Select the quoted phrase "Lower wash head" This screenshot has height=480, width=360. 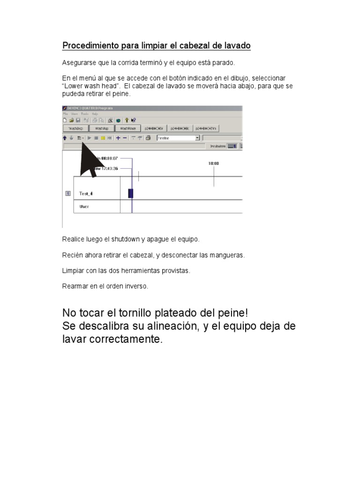click(90, 86)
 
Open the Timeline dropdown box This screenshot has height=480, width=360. click(197, 138)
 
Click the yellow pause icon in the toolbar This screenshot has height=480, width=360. click(103, 138)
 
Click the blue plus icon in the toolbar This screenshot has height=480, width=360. click(118, 138)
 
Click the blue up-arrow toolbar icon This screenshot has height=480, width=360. click(65, 138)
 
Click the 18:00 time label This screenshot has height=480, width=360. click(214, 164)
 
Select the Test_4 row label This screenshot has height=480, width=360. click(86, 193)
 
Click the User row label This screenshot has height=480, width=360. click(84, 206)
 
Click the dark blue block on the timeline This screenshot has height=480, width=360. click(131, 193)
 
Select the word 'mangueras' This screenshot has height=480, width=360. click(229, 255)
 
